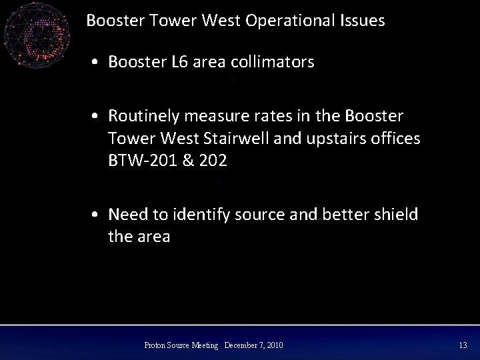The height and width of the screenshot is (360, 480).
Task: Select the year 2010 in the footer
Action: tap(274, 345)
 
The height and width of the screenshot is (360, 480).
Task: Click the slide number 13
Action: tap(463, 345)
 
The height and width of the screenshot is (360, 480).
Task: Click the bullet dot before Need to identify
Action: tap(97, 215)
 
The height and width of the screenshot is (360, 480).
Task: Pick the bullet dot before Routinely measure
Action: tap(97, 117)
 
